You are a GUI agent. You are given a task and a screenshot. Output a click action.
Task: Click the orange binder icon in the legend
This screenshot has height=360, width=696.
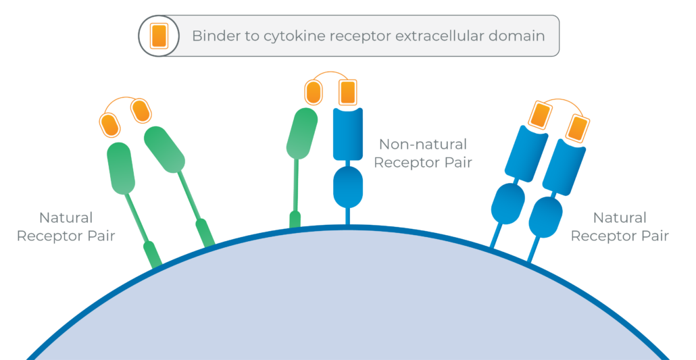pyautogui.click(x=159, y=36)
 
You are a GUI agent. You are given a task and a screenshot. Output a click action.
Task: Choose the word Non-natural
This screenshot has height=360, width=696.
pyautogui.click(x=422, y=145)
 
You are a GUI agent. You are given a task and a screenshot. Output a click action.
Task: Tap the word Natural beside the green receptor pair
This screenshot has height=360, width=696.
pyautogui.click(x=66, y=217)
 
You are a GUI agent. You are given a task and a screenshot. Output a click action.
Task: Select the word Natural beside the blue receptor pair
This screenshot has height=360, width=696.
pyautogui.click(x=620, y=217)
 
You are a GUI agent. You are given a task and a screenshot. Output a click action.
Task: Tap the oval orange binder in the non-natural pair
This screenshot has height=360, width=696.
pyautogui.click(x=314, y=93)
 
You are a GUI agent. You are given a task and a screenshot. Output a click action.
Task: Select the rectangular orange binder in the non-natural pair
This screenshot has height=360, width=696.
pyautogui.click(x=347, y=93)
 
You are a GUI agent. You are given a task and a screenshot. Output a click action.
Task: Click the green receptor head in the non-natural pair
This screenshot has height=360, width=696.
pyautogui.click(x=302, y=133)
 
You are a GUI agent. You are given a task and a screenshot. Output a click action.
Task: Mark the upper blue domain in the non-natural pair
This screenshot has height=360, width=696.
pyautogui.click(x=348, y=134)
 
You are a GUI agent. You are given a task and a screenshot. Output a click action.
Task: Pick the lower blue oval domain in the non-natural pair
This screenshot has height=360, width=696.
pyautogui.click(x=348, y=186)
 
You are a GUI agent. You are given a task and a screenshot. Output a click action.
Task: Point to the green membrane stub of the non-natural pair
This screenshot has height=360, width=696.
pyautogui.click(x=295, y=220)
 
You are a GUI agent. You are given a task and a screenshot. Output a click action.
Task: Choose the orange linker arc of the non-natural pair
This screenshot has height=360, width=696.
pyautogui.click(x=330, y=72)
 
